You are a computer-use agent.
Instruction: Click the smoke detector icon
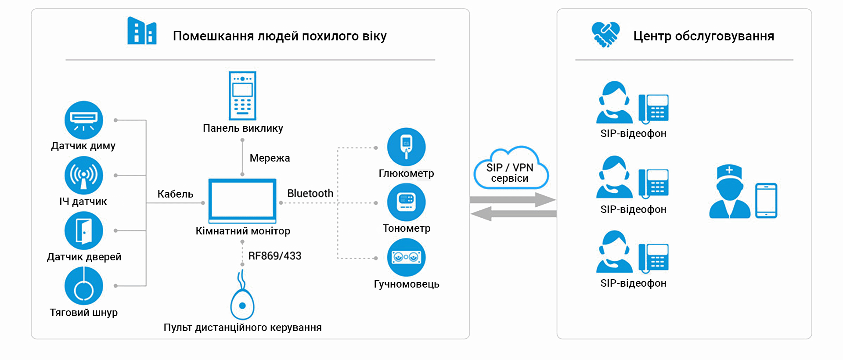(83, 120)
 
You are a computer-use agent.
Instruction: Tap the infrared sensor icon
(83, 175)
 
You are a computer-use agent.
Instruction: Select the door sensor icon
(83, 230)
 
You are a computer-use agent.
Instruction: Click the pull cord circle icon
(83, 286)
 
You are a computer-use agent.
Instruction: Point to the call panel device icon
(242, 96)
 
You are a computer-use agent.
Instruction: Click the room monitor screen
(242, 201)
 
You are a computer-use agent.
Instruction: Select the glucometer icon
(406, 147)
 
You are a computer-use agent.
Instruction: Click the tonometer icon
(406, 202)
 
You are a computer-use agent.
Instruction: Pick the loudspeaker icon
(406, 257)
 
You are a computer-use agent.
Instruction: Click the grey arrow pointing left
(513, 214)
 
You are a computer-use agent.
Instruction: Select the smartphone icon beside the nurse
(766, 201)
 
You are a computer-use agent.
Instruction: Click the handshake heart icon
(605, 34)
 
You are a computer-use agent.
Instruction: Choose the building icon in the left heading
(141, 31)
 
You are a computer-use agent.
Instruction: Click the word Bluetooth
(310, 193)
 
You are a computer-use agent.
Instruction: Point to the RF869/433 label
(275, 256)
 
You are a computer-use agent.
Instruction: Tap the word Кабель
(175, 194)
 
